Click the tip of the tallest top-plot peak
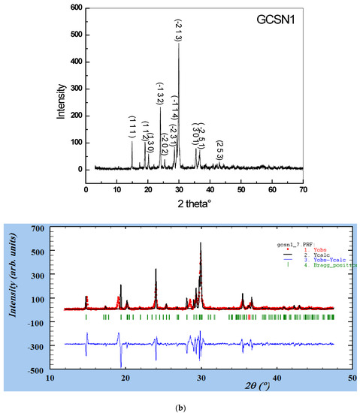coord(178,44)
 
